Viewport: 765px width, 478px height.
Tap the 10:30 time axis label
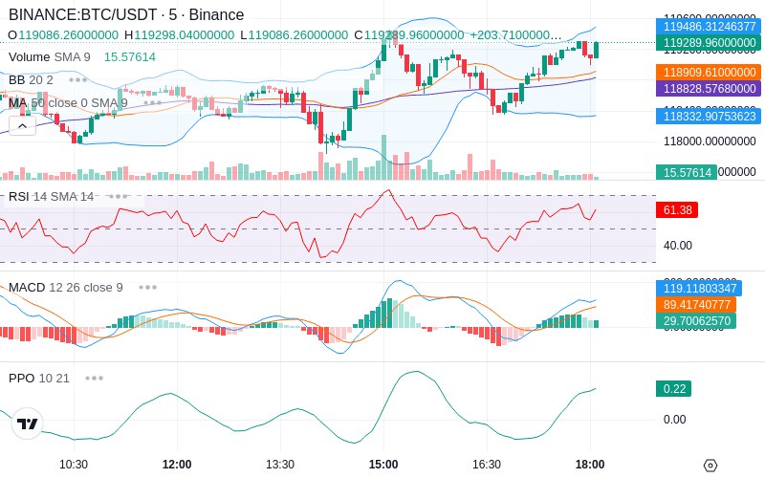74,465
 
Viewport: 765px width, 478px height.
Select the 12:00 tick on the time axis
177,465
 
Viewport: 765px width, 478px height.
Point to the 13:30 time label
280,465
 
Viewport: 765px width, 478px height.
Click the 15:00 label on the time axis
383,465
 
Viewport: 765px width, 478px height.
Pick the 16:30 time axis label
487,465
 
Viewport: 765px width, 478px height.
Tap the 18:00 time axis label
590,465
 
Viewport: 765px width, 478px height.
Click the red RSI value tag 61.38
676,209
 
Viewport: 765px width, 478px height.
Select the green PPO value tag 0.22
672,389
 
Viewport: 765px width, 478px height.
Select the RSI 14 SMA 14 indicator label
52,197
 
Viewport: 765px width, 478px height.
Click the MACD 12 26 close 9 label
66,287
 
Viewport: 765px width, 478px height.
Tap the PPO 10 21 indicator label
39,378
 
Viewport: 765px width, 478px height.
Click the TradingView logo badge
28,424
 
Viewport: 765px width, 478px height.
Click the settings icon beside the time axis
710,466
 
